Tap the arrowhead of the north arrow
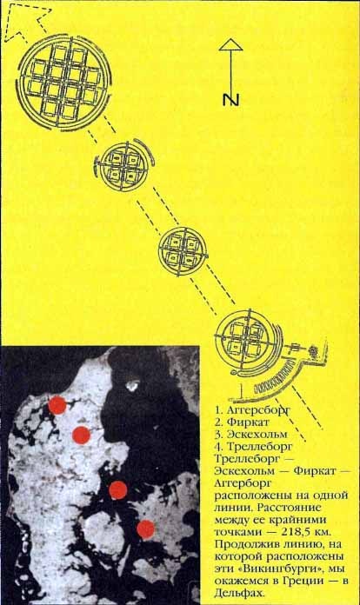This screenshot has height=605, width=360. click(x=230, y=44)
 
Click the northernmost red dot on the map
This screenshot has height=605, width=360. click(x=57, y=404)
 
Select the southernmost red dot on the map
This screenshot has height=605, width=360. click(x=145, y=527)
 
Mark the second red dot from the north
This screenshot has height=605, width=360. click(x=81, y=435)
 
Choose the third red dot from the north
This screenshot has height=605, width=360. click(x=118, y=490)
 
